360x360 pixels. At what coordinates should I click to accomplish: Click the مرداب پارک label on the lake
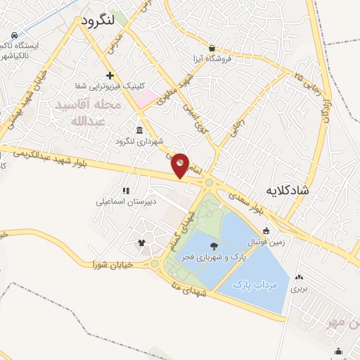[x=257, y=284]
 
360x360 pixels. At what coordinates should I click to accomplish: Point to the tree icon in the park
[x=214, y=245]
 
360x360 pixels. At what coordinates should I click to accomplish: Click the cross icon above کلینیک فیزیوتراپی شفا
[x=109, y=75]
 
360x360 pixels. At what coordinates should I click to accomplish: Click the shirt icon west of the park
[x=141, y=243]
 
